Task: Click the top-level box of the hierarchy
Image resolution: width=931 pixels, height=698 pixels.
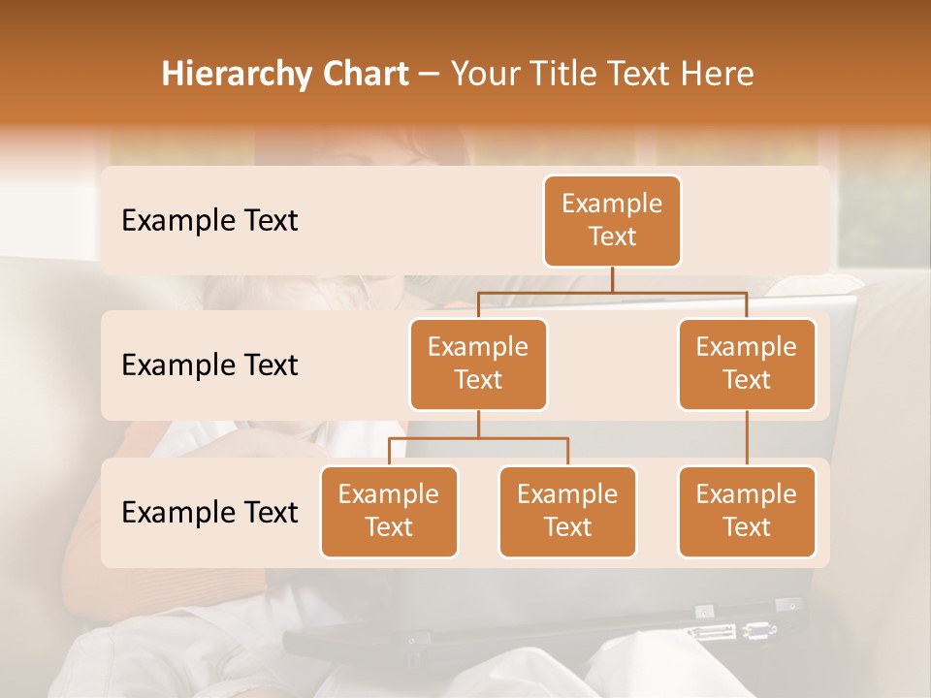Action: (612, 221)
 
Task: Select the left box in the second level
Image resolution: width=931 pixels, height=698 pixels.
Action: (478, 365)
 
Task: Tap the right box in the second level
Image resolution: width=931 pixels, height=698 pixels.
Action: (747, 365)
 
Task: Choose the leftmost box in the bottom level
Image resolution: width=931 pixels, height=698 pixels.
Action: (389, 512)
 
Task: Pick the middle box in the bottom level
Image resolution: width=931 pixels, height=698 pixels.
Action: (567, 512)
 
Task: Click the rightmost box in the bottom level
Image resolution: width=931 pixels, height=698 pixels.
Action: (747, 512)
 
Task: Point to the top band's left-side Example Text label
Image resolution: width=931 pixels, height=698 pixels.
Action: (209, 221)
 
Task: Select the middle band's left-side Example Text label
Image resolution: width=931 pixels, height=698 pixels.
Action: (209, 365)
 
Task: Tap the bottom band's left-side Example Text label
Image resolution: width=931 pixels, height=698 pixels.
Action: (209, 513)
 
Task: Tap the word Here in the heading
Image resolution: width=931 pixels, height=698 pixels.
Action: (718, 75)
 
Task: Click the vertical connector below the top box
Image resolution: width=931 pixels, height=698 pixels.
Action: (612, 279)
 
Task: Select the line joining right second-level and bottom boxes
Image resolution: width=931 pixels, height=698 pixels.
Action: (747, 438)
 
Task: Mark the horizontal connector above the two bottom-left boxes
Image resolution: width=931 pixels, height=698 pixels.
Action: (478, 438)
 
